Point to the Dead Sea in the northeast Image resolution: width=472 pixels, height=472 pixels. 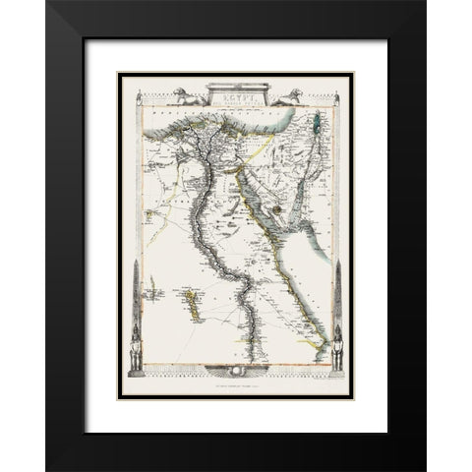coord(317,125)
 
